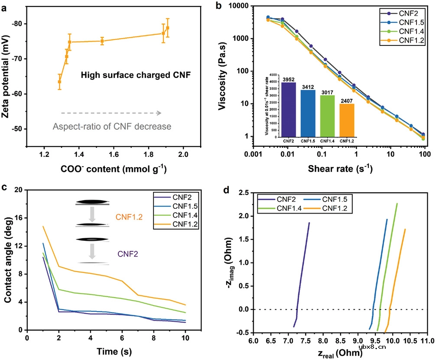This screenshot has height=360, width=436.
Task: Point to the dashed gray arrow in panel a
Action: coord(111,113)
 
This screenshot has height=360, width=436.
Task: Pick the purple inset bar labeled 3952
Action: coord(288,110)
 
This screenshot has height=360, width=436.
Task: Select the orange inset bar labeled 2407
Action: coord(347,120)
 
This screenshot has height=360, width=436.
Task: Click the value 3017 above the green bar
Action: coord(327,92)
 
